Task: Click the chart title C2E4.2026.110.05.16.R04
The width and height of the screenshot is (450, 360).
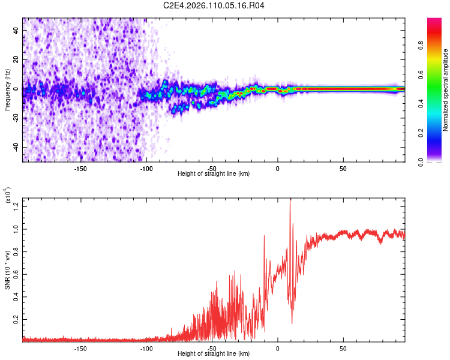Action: [x=214, y=6]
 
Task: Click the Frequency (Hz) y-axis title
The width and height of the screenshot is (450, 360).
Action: [x=7, y=89]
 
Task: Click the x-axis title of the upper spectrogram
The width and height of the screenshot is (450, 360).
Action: [x=214, y=173]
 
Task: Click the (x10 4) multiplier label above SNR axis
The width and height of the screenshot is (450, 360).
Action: [x=9, y=196]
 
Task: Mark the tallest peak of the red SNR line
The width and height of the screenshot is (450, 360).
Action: [x=290, y=200]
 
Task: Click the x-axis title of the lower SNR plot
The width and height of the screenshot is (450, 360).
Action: [x=214, y=353]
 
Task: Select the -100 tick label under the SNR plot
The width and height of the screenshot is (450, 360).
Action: [x=146, y=347]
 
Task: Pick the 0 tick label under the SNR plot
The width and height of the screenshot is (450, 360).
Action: [x=277, y=347]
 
